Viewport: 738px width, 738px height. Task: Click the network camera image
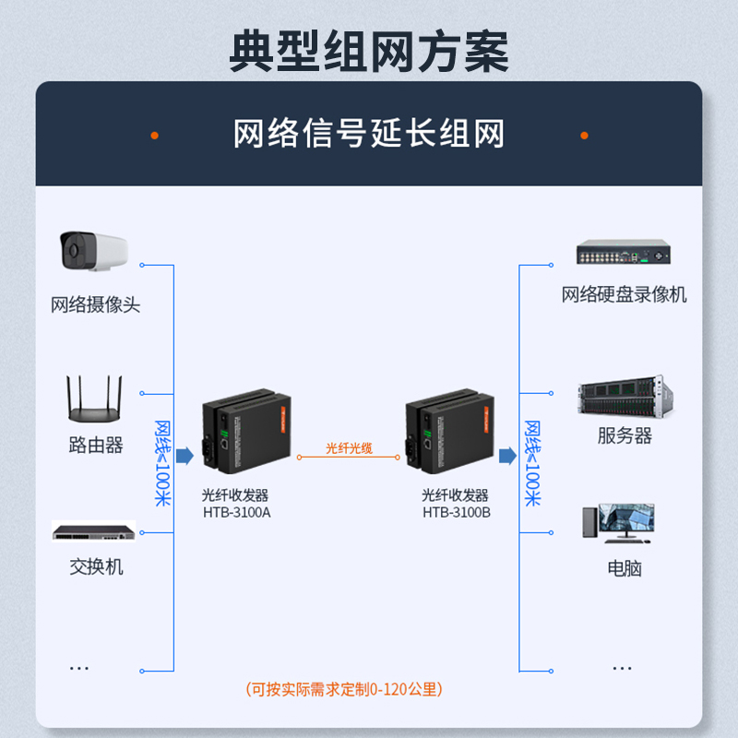click(x=92, y=251)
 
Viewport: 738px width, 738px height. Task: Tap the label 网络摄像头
click(x=96, y=304)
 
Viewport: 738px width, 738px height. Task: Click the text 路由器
click(x=96, y=446)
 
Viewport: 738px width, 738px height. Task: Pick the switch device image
click(x=94, y=532)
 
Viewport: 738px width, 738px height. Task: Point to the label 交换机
click(x=96, y=566)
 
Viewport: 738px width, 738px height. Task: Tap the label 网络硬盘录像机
click(x=625, y=295)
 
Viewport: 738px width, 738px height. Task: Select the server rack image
click(x=622, y=397)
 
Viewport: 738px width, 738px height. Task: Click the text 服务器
click(x=625, y=436)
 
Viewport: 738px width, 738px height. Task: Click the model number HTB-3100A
click(x=236, y=512)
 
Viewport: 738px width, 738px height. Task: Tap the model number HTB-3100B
click(x=457, y=512)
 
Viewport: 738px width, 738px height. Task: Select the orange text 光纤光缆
click(x=349, y=447)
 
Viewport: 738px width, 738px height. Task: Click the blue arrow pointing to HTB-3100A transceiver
click(x=184, y=456)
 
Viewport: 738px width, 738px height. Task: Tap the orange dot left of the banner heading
click(x=155, y=135)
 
